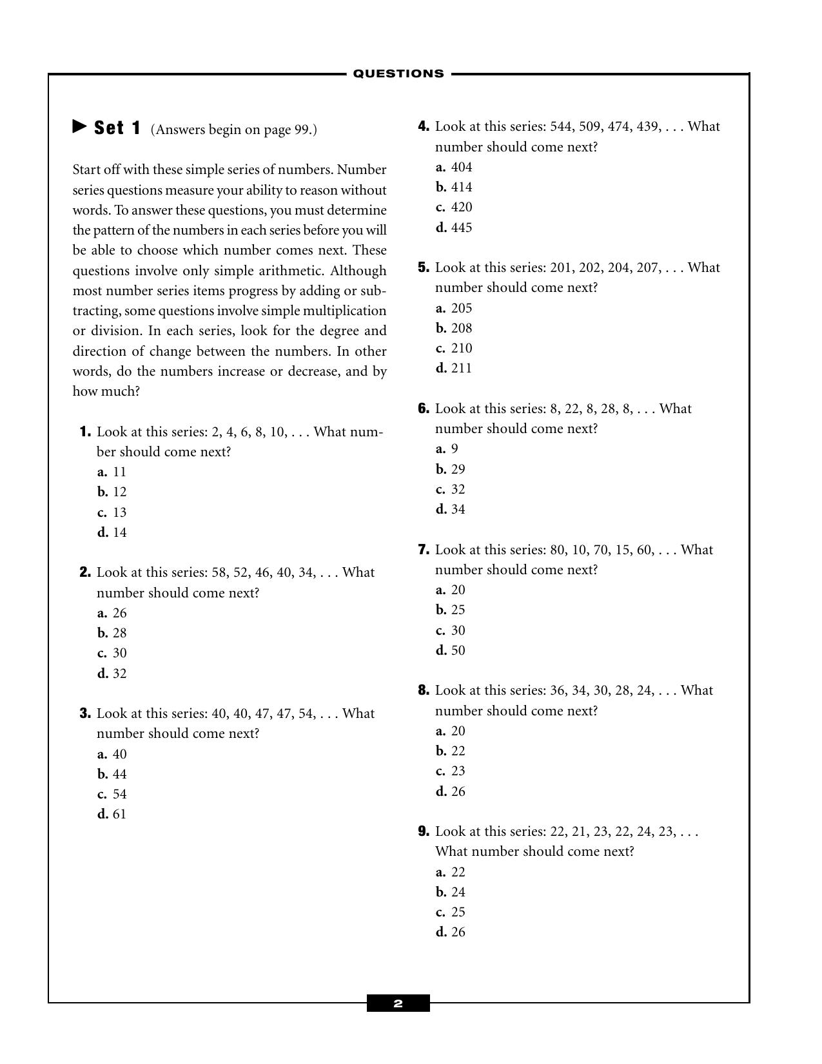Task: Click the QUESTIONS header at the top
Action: pos(398,73)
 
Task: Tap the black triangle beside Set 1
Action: pos(79,126)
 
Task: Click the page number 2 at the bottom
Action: pos(398,1003)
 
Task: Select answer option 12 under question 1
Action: pos(119,492)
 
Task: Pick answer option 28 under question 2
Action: pos(119,634)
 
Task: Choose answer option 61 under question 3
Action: pos(119,815)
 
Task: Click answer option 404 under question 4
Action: pos(461,168)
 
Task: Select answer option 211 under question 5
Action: pos(461,369)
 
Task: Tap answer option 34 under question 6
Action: pos(458,510)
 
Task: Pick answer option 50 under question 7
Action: pos(458,651)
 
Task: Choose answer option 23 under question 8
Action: pos(458,771)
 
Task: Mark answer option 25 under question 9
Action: pos(458,913)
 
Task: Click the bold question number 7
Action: pos(424,550)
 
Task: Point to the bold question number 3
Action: pos(85,713)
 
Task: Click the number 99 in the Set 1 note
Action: pos(302,130)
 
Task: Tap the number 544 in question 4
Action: pos(561,127)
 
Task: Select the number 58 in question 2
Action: pos(219,573)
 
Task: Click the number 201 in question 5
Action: pos(561,268)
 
